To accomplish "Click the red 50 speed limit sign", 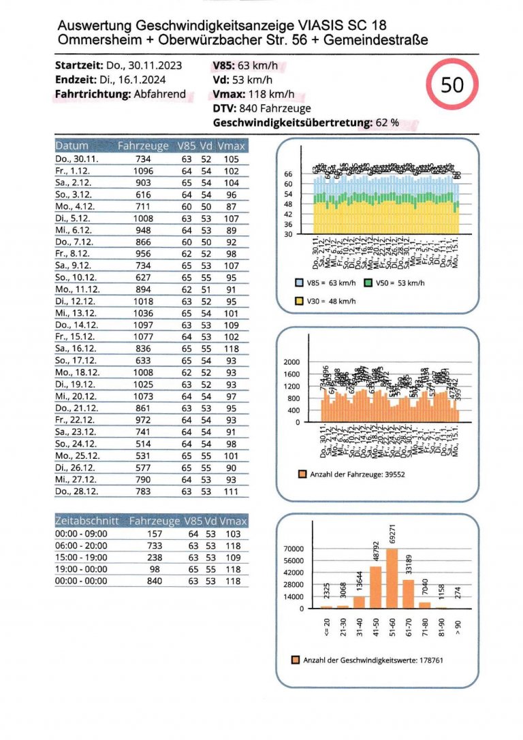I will tap(452, 86).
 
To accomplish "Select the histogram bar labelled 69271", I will tap(392, 578).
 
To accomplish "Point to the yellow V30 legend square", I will tap(299, 300).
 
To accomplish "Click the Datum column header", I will tap(72, 146).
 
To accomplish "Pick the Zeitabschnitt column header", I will tap(86, 521).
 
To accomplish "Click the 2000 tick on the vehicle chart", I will tap(300, 363).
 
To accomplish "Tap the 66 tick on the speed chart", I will tap(288, 174).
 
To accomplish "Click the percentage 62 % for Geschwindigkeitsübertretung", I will tap(386, 123).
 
